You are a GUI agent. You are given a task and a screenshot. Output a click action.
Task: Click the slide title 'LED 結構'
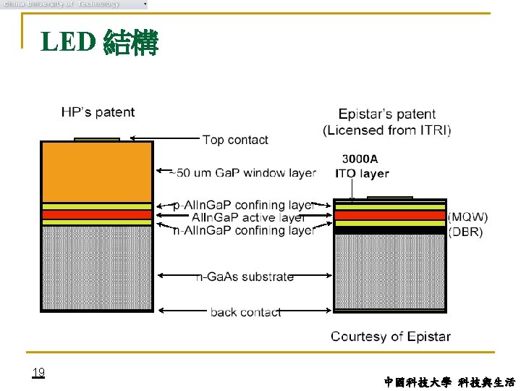[99, 43]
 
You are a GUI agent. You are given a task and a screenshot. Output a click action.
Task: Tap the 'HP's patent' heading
[98, 112]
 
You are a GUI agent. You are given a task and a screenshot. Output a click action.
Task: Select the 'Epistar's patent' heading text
[386, 114]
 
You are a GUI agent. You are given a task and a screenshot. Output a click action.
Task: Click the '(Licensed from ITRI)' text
[386, 130]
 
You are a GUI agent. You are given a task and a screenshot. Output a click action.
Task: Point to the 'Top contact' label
[235, 140]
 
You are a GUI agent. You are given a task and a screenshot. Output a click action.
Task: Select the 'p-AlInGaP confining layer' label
[243, 205]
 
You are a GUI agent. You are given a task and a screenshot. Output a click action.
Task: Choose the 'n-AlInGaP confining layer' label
[243, 230]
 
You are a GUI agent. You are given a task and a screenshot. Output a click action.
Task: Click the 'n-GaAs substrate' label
[245, 277]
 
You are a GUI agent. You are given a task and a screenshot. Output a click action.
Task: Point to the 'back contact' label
[245, 312]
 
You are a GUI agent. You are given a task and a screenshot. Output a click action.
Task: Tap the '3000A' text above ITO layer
[360, 159]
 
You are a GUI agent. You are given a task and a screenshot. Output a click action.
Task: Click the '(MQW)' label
[468, 217]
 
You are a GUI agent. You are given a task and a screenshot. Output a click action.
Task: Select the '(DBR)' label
[466, 232]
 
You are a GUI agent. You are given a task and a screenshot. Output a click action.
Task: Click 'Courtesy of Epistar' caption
[390, 336]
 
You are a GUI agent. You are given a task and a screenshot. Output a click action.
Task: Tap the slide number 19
[38, 372]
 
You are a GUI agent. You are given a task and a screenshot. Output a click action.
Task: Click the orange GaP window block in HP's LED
[96, 172]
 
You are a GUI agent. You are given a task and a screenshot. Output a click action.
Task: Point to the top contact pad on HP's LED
[97, 139]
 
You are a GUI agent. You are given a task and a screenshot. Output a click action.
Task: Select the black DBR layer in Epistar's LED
[389, 231]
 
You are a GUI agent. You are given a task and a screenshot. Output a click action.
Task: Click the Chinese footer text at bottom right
[449, 382]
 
